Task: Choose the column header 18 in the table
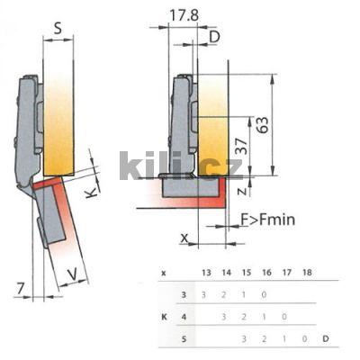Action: coord(310,272)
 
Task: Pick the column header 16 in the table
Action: coord(266,272)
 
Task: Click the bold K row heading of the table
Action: coord(163,316)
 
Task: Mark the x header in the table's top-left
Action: coord(163,272)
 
